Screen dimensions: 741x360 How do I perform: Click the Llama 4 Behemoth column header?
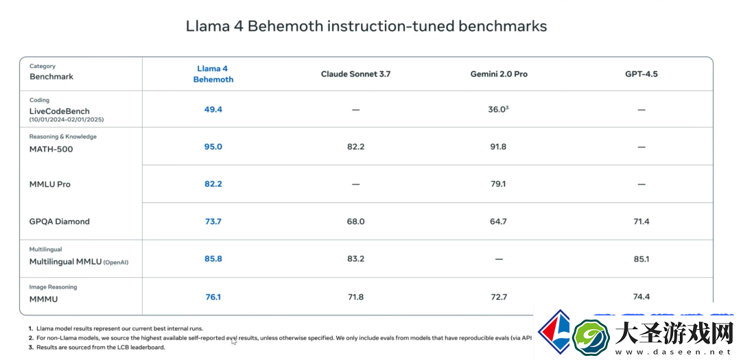point(213,74)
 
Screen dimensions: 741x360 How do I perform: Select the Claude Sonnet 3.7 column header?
point(355,74)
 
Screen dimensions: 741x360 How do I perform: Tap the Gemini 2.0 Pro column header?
point(499,74)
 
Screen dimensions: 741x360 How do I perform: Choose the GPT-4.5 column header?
point(642,74)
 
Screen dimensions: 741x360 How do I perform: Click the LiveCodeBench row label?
point(60,111)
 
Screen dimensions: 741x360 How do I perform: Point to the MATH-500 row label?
point(51,149)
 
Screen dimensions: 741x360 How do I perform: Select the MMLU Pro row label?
point(49,184)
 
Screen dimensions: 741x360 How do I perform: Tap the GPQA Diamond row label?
point(59,221)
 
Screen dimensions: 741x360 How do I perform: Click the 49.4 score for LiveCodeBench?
point(213,110)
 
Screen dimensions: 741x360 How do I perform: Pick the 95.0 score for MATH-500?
point(213,147)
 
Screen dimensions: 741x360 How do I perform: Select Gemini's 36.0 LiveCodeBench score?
point(499,109)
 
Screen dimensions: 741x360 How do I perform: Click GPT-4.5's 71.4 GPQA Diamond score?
point(642,221)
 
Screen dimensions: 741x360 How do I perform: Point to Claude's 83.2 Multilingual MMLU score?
point(355,259)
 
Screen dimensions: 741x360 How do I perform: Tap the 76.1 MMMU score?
point(213,297)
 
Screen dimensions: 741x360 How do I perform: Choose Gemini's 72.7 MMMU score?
point(499,297)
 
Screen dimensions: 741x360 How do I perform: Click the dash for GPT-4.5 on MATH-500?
point(642,147)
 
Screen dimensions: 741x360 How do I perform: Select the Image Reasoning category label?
point(53,287)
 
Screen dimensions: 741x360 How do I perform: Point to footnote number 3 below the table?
point(31,347)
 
